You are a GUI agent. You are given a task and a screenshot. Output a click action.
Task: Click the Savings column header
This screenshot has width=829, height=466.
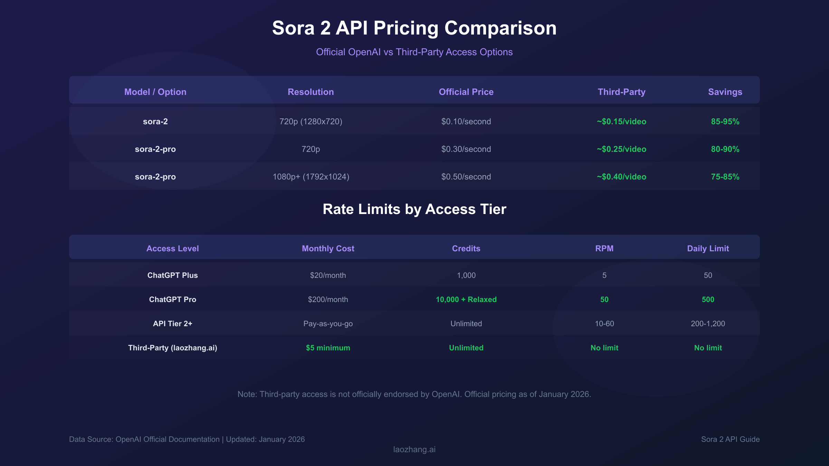click(725, 92)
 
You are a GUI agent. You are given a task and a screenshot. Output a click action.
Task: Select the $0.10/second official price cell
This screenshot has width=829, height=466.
click(466, 122)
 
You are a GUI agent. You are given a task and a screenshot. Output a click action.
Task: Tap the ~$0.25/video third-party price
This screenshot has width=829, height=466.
click(621, 149)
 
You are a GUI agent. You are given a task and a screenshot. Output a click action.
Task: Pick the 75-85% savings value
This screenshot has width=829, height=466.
click(725, 177)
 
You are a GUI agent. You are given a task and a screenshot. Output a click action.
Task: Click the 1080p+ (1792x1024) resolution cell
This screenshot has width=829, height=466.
click(311, 177)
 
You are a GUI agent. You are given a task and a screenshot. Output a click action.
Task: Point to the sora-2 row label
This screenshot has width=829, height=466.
click(155, 122)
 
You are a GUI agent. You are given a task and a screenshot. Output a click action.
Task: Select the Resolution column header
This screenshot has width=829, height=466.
click(311, 92)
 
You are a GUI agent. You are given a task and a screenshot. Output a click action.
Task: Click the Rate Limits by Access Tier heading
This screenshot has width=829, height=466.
click(414, 209)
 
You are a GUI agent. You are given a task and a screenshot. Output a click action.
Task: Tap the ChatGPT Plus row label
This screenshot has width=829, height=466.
click(173, 275)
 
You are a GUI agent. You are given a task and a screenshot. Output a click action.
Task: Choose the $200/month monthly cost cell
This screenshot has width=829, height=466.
click(328, 300)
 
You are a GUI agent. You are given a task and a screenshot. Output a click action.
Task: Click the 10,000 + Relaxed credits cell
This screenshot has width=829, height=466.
click(466, 300)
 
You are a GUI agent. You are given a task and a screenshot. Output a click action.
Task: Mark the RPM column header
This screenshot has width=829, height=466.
click(604, 249)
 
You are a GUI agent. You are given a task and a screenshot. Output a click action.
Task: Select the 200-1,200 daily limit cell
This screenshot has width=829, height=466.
click(708, 324)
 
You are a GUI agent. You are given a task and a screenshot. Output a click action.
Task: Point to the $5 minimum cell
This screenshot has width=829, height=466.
click(328, 348)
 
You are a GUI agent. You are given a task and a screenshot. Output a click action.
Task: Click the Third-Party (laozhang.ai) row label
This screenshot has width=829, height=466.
click(173, 348)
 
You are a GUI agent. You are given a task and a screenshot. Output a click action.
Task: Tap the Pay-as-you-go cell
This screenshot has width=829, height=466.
click(328, 324)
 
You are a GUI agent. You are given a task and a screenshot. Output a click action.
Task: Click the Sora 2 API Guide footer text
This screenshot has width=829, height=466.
click(730, 439)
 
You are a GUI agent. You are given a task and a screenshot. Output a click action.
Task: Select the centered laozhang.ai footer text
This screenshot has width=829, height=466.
click(414, 449)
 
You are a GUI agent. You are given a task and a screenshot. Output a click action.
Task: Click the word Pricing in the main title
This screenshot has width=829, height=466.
click(406, 28)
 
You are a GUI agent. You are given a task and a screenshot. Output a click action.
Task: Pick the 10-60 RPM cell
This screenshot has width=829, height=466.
click(604, 324)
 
